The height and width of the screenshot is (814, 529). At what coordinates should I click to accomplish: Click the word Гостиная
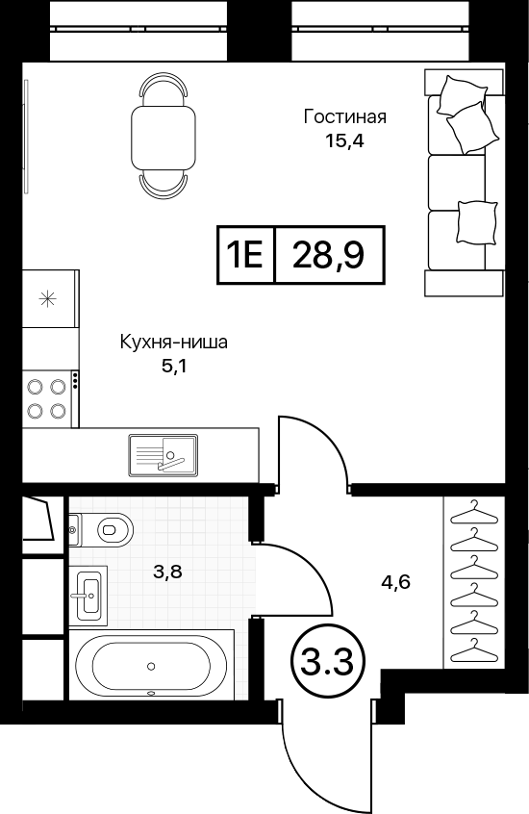coord(344,116)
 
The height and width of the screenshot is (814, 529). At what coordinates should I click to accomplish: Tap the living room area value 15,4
coord(344,140)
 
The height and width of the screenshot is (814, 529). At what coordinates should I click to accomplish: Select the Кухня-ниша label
coord(174,343)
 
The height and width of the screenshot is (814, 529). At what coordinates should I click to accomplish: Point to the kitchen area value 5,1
coord(174,367)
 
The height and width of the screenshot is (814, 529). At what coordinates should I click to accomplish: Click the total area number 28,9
coord(328,255)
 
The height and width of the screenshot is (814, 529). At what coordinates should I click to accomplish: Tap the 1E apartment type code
coord(245,255)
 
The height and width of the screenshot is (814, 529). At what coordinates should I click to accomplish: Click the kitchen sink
coord(163,454)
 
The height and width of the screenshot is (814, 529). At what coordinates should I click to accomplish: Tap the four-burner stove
coord(47,398)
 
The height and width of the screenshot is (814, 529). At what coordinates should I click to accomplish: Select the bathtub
coord(151,665)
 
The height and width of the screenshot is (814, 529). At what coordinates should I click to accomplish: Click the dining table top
coord(163,137)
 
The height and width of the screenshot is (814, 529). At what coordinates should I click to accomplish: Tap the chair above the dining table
coord(164,89)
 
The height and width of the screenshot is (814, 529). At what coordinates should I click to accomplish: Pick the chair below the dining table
coord(163,186)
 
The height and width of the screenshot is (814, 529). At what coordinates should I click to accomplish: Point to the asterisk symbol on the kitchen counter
coord(47,298)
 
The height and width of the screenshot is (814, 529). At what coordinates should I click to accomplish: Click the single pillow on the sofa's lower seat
coord(476,222)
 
